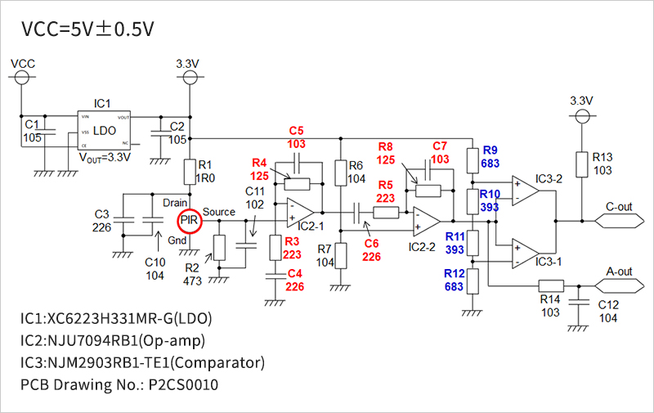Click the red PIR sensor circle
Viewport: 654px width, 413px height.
[x=189, y=220]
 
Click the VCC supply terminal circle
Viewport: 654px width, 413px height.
[x=22, y=78]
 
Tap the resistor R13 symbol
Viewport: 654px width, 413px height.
[x=582, y=164]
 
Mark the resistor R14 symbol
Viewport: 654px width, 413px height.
[x=552, y=285]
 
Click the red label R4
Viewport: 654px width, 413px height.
[x=260, y=163]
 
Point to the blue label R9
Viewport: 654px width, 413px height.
[x=490, y=150]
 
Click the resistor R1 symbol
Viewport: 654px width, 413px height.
[x=190, y=173]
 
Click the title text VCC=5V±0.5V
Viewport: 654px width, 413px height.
[x=88, y=30]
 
